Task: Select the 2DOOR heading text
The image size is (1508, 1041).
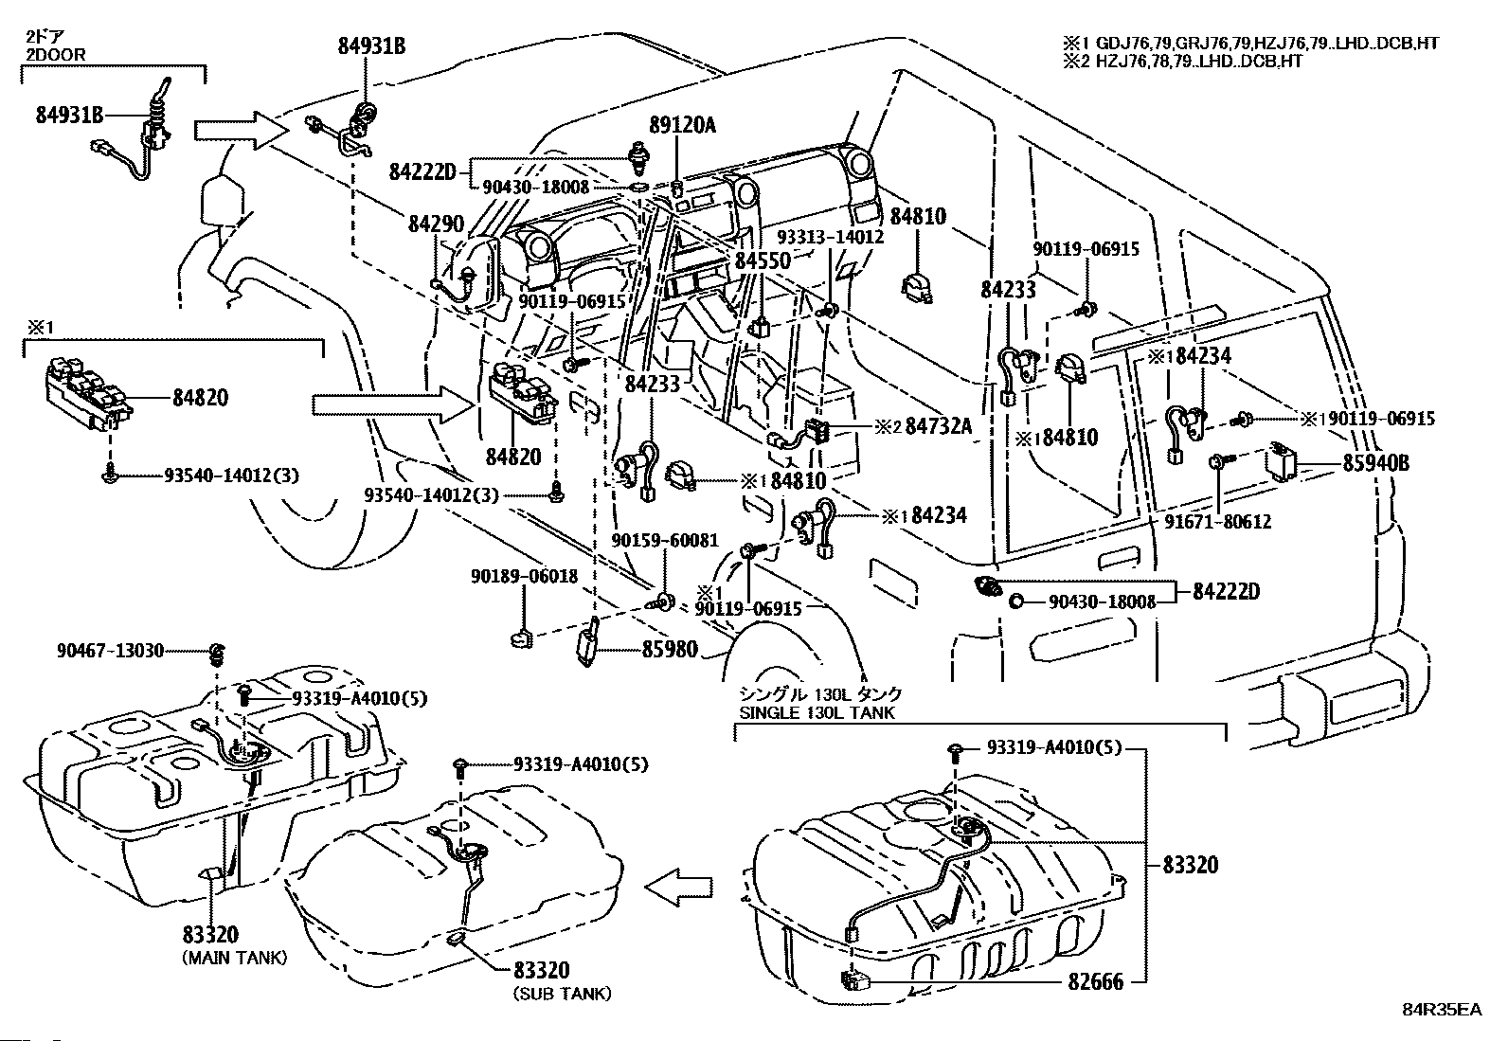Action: click(x=55, y=54)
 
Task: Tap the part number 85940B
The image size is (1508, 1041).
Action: click(x=1375, y=463)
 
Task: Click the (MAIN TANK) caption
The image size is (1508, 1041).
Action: click(x=233, y=958)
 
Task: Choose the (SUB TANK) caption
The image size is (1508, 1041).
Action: click(x=562, y=994)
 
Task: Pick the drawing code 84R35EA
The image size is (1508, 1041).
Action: click(x=1441, y=1010)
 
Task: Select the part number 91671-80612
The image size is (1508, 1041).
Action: click(x=1218, y=522)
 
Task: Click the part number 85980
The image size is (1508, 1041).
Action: click(x=669, y=650)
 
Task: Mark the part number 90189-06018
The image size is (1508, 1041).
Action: click(x=524, y=575)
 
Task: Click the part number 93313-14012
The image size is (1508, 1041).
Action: click(x=830, y=237)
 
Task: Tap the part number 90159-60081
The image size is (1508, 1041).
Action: click(x=664, y=541)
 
